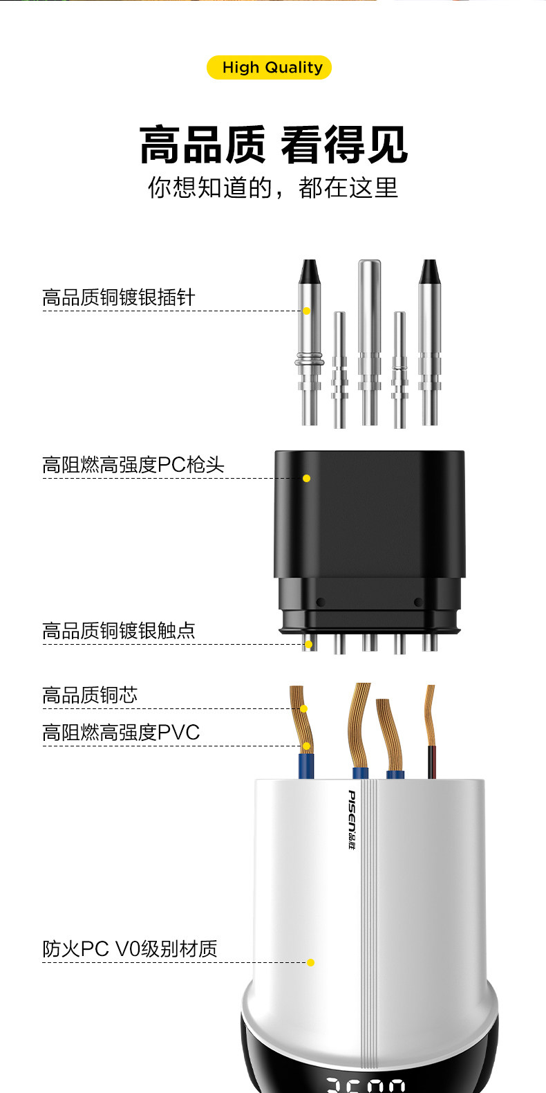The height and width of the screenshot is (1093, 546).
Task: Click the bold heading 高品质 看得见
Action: click(x=273, y=145)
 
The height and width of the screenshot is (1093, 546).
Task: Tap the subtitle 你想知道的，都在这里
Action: click(x=273, y=187)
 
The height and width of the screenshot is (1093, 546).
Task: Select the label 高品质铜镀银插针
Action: click(x=119, y=297)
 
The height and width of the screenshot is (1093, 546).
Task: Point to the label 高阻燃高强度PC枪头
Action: click(x=133, y=465)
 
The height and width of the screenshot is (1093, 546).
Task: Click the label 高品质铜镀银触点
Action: click(x=119, y=630)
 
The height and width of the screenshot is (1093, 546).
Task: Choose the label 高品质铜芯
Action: click(x=90, y=695)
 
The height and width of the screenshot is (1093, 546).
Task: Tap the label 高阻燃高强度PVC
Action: click(x=121, y=732)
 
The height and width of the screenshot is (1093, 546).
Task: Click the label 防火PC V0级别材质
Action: click(x=130, y=948)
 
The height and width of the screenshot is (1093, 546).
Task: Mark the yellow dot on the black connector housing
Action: click(x=306, y=478)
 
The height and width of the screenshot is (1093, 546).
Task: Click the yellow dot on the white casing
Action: click(x=310, y=962)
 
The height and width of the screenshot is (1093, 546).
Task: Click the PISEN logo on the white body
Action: click(x=352, y=820)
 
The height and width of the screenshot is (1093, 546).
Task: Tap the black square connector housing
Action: click(x=370, y=526)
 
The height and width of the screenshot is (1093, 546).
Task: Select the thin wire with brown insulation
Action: click(x=431, y=761)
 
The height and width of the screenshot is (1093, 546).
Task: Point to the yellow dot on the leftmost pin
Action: click(x=306, y=311)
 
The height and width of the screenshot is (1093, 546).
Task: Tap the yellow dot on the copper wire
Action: click(x=303, y=708)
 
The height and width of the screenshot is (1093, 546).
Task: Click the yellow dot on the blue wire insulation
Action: click(x=306, y=746)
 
